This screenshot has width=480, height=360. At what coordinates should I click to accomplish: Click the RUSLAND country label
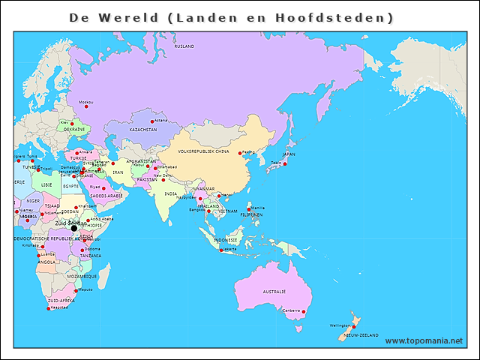click(184, 46)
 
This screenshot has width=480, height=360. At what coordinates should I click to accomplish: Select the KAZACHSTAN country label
click(143, 130)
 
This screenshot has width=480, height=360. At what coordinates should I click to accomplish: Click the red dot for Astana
click(152, 121)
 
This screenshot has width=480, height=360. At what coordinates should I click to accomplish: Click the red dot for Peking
click(240, 154)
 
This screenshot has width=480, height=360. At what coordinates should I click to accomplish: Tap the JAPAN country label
click(289, 154)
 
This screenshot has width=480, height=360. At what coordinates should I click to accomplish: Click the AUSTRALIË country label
click(274, 291)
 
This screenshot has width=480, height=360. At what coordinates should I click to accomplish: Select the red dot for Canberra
click(304, 311)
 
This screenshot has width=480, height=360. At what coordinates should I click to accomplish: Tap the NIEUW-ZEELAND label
click(361, 335)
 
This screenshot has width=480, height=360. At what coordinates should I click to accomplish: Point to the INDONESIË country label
click(225, 240)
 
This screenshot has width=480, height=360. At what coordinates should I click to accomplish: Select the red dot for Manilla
click(249, 209)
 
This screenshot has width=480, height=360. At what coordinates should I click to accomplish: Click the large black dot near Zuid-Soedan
click(73, 228)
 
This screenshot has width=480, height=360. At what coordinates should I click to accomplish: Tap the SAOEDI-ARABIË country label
click(106, 195)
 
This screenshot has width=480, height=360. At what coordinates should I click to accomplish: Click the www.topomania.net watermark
click(424, 341)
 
